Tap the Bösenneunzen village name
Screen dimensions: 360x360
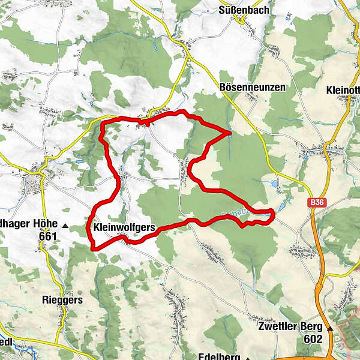pyautogui.click(x=253, y=88)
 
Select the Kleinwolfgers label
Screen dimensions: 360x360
pyautogui.click(x=125, y=228)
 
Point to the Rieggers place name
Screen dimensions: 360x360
pyautogui.click(x=62, y=299)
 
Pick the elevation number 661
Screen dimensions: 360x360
pyautogui.click(x=46, y=236)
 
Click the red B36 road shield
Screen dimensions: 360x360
pyautogui.click(x=317, y=204)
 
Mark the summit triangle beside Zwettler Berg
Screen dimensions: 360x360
pyautogui.click(x=329, y=328)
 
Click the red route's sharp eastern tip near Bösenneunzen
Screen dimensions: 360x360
pyautogui.click(x=231, y=131)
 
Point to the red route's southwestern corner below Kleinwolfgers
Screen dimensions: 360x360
pyautogui.click(x=92, y=247)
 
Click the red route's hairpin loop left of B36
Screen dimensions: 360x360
pyautogui.click(x=272, y=213)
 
